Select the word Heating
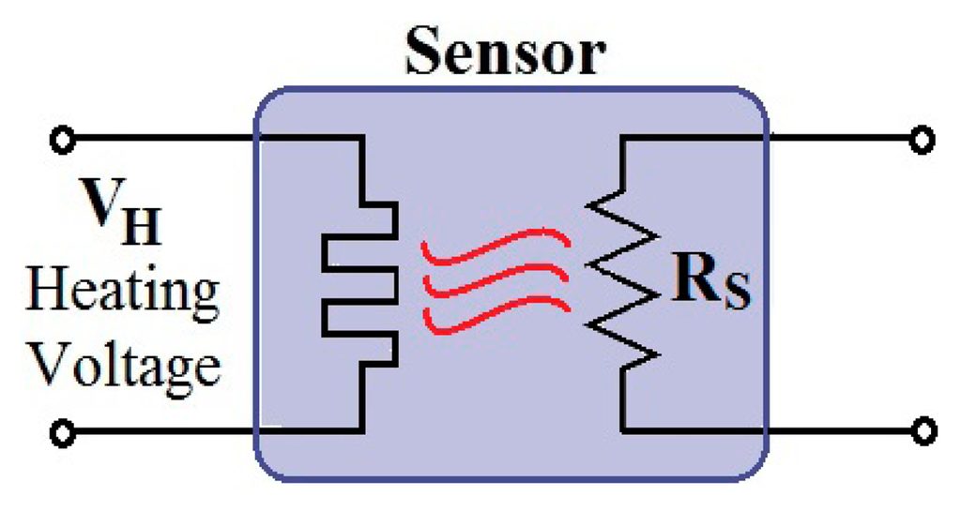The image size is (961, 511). (x=123, y=293)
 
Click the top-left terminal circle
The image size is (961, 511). (x=62, y=141)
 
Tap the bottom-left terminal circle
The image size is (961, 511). (x=62, y=432)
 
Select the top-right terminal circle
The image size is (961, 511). (x=924, y=141)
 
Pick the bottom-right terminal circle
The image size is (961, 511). (x=924, y=432)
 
